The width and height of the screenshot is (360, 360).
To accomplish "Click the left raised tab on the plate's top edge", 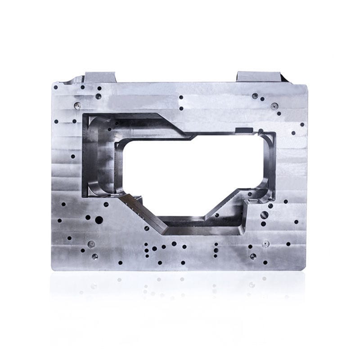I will [100, 77].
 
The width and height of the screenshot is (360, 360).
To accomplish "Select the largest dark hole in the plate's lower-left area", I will [99, 220].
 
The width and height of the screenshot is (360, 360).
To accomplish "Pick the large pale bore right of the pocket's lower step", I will [264, 215].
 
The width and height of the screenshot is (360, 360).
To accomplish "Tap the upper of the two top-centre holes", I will [181, 97].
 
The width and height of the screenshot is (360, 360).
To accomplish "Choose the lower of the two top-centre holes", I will [181, 108].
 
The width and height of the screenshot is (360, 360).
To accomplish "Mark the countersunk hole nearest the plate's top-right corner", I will [274, 106].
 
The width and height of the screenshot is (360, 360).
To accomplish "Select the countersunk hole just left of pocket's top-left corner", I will [77, 106].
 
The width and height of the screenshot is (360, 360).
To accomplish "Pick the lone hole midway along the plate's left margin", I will [73, 157].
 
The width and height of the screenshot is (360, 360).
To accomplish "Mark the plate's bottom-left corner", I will [54, 268].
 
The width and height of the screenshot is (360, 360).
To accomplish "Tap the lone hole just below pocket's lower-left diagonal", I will [147, 228].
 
